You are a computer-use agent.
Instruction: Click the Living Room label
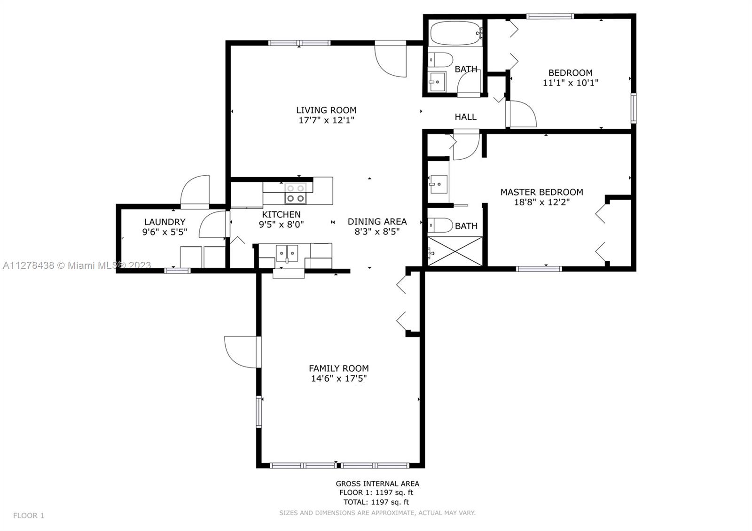pyautogui.click(x=326, y=110)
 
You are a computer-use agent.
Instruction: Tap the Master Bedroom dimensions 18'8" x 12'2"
pyautogui.click(x=542, y=202)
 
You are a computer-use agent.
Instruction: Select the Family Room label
pyautogui.click(x=339, y=368)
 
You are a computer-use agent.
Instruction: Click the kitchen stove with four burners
pyautogui.click(x=296, y=193)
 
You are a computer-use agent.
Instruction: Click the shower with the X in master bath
pyautogui.click(x=455, y=251)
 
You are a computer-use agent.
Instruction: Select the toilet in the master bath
pyautogui.click(x=440, y=225)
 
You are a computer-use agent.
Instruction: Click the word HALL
pyautogui.click(x=466, y=117)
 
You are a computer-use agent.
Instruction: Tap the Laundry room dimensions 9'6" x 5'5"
pyautogui.click(x=164, y=232)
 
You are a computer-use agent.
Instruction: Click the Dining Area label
pyautogui.click(x=377, y=221)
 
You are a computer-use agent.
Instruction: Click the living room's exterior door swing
pyautogui.click(x=391, y=59)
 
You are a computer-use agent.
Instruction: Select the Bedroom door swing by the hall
pyautogui.click(x=521, y=114)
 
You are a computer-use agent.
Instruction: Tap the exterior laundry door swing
pyautogui.click(x=195, y=192)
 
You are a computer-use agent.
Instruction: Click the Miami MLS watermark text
pyautogui.click(x=77, y=265)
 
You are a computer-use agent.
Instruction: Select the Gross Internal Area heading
pyautogui.click(x=377, y=484)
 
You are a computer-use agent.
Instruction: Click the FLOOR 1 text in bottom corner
pyautogui.click(x=29, y=515)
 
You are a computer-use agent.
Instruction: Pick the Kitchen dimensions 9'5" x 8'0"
pyautogui.click(x=282, y=224)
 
